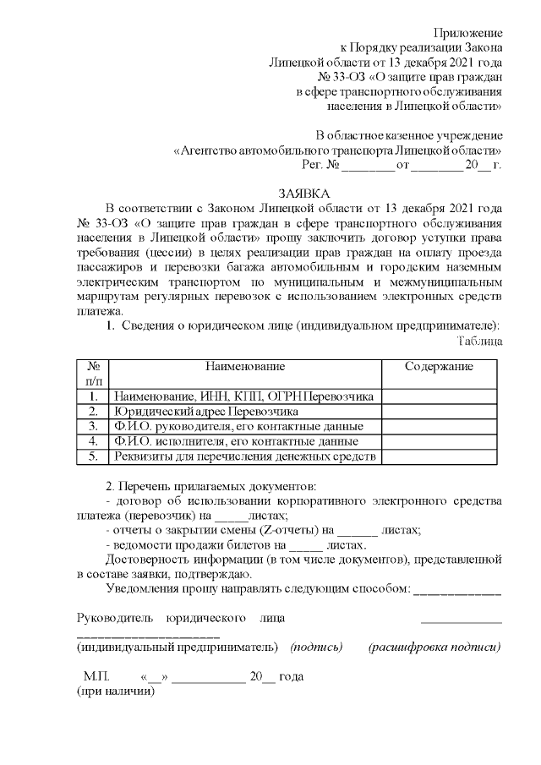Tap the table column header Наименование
[244, 366]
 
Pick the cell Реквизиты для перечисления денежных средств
[243, 456]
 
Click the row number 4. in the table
[94, 441]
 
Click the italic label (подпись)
[316, 648]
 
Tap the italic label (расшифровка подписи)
[434, 648]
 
